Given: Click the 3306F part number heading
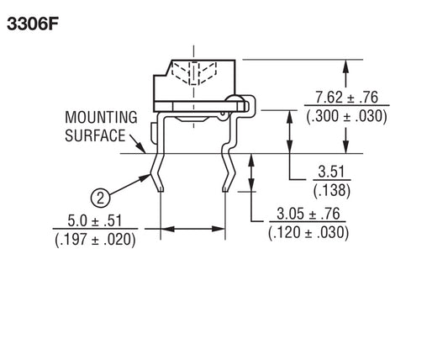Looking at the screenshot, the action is [x=33, y=24].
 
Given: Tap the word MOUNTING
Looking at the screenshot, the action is [x=101, y=117].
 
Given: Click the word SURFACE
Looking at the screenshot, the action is [x=95, y=135].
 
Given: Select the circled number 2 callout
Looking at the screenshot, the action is [x=100, y=199].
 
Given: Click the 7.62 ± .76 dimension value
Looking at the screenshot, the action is [x=346, y=98].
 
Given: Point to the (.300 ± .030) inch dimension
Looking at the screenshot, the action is [x=346, y=116].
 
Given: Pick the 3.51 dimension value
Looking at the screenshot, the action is [x=331, y=172].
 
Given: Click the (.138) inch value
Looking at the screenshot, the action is [x=332, y=190].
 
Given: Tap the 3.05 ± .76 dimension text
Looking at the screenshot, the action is [x=308, y=214].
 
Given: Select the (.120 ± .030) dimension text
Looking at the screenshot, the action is [x=308, y=232].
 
